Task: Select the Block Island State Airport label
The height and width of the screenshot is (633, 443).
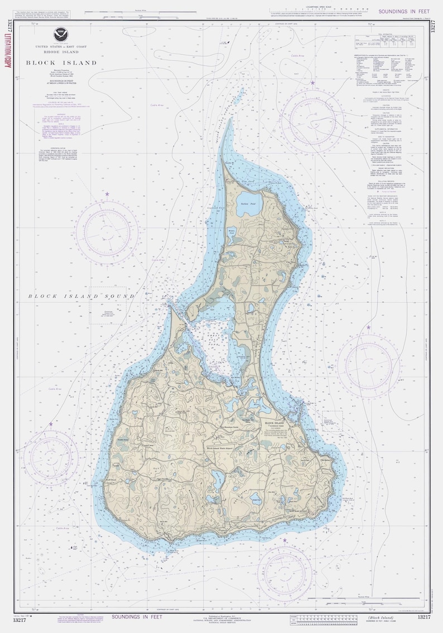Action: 211,447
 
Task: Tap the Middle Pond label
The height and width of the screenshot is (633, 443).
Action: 232,231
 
